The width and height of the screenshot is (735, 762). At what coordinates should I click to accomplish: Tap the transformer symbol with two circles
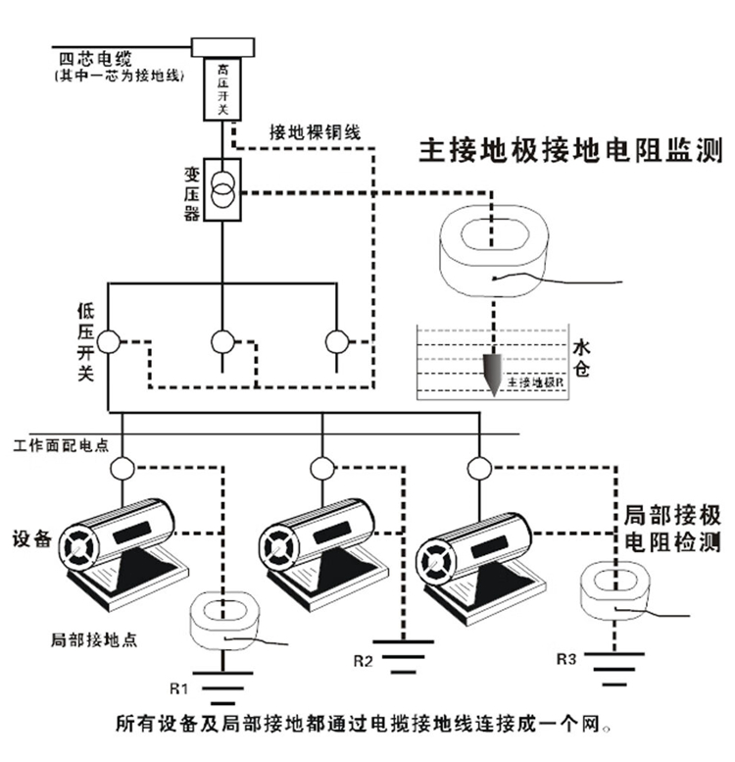tap(223, 185)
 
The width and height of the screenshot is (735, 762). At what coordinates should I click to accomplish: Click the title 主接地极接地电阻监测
tap(570, 151)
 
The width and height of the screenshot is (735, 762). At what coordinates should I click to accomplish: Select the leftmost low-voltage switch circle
tap(108, 342)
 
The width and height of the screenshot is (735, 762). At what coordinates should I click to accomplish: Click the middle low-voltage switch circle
tap(223, 342)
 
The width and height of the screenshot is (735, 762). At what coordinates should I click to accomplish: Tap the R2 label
tap(364, 659)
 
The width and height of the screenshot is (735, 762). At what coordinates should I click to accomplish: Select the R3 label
tap(565, 659)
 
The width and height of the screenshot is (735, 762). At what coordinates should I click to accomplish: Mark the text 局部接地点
tap(92, 639)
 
